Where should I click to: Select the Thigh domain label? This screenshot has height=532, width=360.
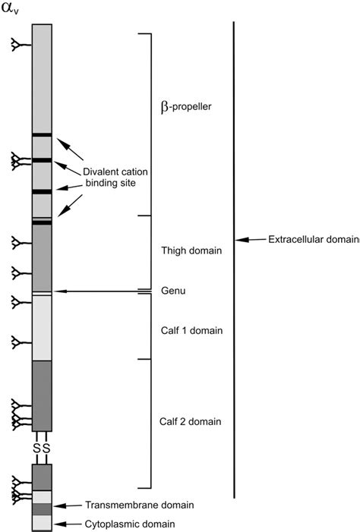tap(191, 250)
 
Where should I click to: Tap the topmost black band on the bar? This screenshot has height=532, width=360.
tap(42, 135)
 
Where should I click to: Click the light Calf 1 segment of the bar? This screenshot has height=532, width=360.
tap(42, 328)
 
